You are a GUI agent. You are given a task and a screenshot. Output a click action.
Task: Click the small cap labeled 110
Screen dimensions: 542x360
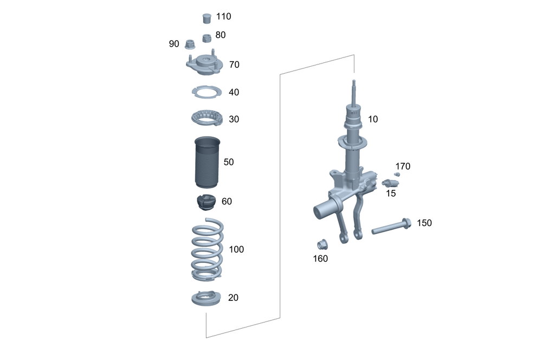pyautogui.click(x=206, y=18)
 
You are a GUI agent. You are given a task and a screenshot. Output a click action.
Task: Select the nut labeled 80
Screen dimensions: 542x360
pyautogui.click(x=206, y=38)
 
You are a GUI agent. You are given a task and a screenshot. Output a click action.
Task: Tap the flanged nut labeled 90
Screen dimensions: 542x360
pyautogui.click(x=190, y=44)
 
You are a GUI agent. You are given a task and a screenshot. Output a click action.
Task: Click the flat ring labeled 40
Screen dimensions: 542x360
pyautogui.click(x=207, y=93)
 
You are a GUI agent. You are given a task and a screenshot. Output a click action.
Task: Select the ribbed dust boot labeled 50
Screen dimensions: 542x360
pyautogui.click(x=207, y=162)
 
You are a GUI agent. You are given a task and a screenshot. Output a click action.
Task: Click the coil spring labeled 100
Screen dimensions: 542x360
pyautogui.click(x=207, y=249)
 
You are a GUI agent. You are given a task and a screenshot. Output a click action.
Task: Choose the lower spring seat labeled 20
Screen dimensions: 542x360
pyautogui.click(x=207, y=299)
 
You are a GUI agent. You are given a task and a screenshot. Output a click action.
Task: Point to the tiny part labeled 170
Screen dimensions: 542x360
pyautogui.click(x=397, y=174)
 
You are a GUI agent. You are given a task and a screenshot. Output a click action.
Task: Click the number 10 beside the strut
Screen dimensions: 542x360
pyautogui.click(x=373, y=119)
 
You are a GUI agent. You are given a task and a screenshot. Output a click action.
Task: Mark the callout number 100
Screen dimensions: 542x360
pyautogui.click(x=236, y=249)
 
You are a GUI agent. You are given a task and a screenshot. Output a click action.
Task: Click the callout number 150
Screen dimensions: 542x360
pyautogui.click(x=424, y=223)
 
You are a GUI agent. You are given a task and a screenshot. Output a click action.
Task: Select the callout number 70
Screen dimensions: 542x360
pyautogui.click(x=234, y=65)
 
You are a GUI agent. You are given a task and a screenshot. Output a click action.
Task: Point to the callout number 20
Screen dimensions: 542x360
pyautogui.click(x=234, y=298)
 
